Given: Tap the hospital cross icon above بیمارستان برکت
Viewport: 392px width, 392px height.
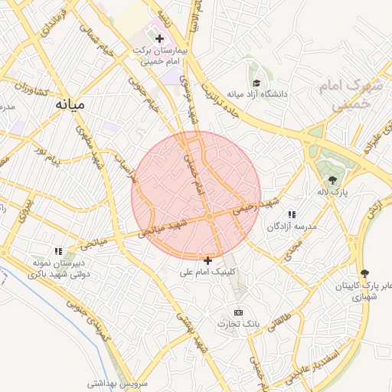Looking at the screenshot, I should [159, 38].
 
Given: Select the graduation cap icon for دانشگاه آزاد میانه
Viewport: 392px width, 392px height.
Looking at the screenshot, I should [256, 83].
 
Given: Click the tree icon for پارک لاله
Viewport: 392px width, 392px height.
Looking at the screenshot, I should [331, 179].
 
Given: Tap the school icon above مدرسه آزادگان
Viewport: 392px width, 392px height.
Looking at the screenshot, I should [291, 215].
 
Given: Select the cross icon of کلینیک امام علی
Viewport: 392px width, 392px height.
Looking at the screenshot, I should [208, 260].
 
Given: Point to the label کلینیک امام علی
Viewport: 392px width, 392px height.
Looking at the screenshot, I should [208, 272].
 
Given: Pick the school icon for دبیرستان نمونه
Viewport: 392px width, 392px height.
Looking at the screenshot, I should [58, 250].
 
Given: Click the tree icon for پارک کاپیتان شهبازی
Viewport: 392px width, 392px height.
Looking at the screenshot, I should [364, 273].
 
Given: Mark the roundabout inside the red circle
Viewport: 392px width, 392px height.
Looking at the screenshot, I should [209, 217].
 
